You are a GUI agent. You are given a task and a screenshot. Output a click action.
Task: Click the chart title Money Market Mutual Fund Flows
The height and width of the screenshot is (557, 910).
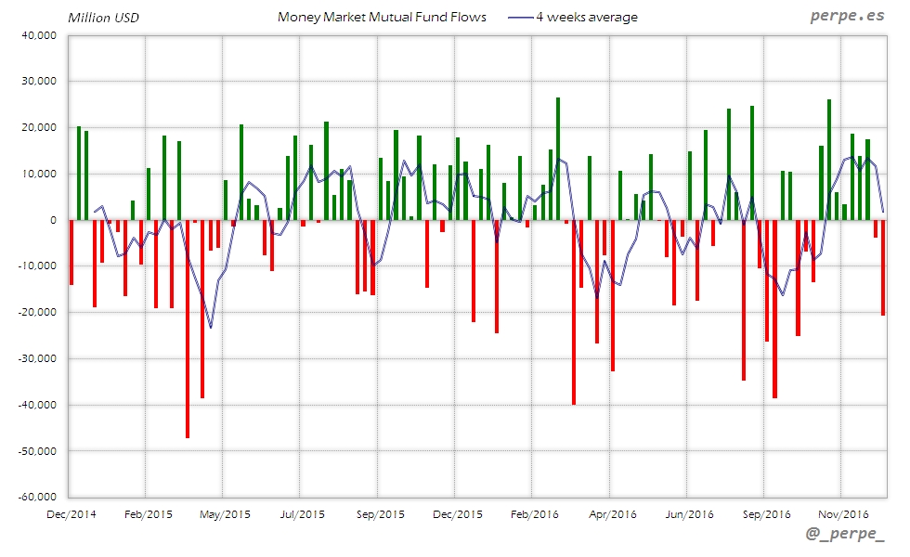(382, 17)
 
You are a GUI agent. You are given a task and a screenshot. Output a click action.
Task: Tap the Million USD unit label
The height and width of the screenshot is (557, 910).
(104, 18)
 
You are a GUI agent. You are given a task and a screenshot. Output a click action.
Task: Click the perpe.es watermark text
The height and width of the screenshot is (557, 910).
(848, 17)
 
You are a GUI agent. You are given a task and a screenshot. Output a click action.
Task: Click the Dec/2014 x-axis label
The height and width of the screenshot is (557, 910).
(71, 513)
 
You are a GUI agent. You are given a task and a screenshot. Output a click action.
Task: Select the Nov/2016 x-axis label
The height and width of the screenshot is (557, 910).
(842, 513)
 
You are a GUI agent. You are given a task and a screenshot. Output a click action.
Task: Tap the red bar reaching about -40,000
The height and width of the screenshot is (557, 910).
(574, 312)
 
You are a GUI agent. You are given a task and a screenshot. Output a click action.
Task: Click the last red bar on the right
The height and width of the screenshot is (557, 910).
(882, 267)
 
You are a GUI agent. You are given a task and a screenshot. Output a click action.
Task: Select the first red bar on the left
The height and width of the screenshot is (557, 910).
(71, 252)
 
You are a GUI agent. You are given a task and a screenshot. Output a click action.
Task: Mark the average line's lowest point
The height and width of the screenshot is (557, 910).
(211, 327)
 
